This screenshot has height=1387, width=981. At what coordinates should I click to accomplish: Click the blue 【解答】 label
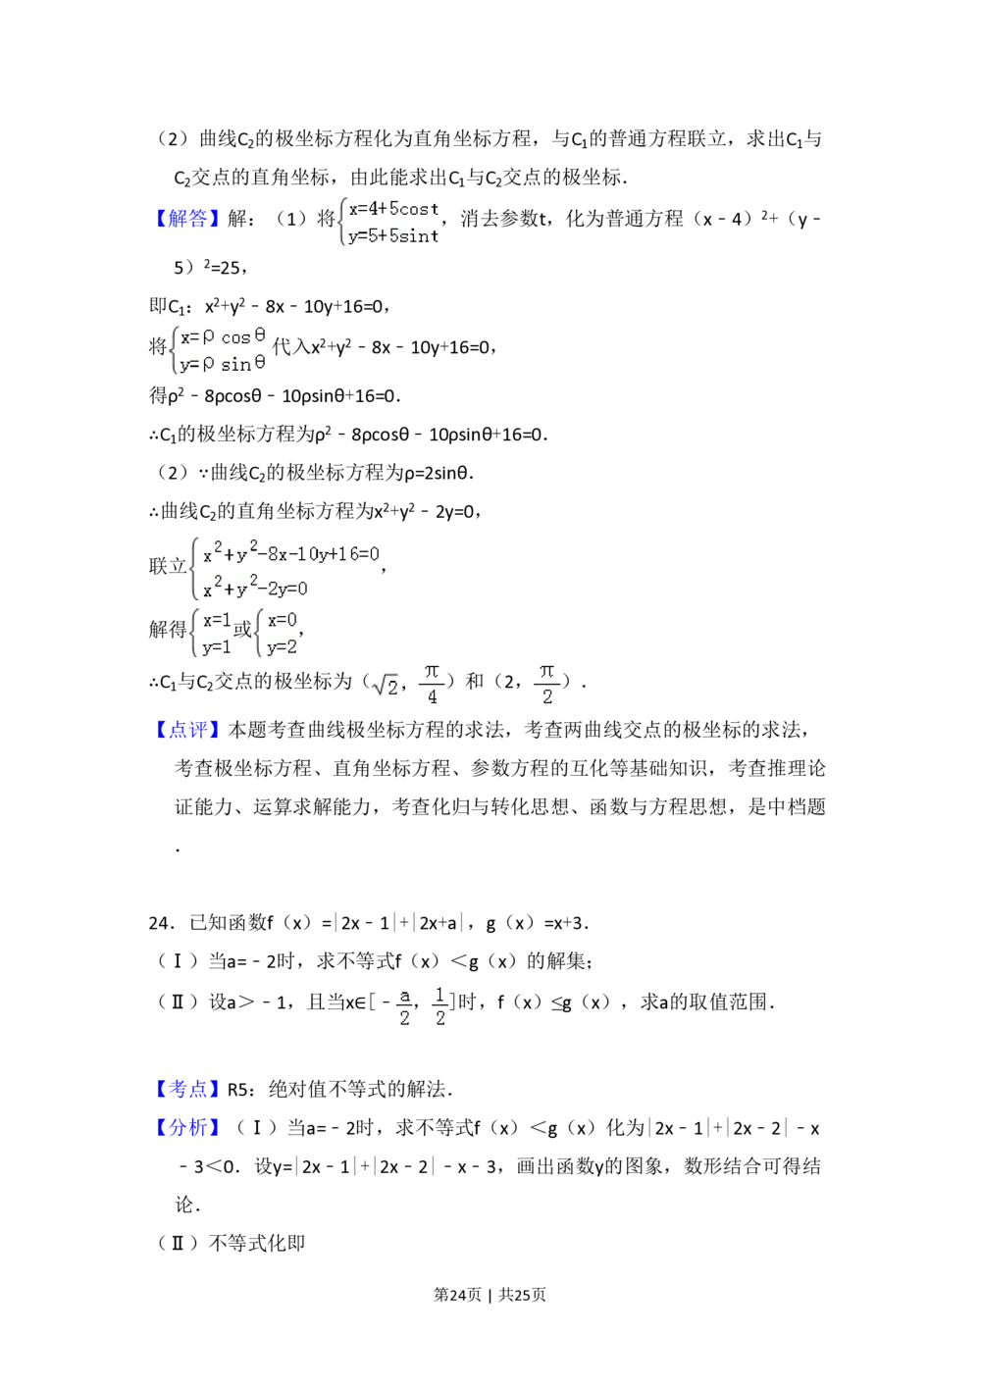click(x=187, y=217)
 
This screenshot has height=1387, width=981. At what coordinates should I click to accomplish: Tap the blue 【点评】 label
click(x=187, y=730)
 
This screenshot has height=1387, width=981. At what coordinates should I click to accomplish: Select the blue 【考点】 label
click(x=187, y=1088)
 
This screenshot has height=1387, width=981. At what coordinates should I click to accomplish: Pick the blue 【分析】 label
click(x=187, y=1126)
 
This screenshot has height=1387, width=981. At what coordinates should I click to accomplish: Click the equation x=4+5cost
click(x=393, y=209)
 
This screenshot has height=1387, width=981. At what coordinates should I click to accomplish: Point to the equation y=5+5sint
click(x=393, y=235)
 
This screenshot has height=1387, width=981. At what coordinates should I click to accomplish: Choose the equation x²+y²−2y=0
click(x=255, y=589)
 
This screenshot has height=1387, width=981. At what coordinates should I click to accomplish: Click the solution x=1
click(x=216, y=620)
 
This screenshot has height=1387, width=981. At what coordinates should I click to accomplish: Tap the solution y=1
click(x=216, y=646)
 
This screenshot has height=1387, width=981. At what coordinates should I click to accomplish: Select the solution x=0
click(x=282, y=620)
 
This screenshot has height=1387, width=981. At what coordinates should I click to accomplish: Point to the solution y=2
click(x=282, y=646)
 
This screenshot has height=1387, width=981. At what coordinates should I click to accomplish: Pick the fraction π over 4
click(x=432, y=684)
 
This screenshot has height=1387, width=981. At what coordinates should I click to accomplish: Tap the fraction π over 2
click(x=546, y=684)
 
